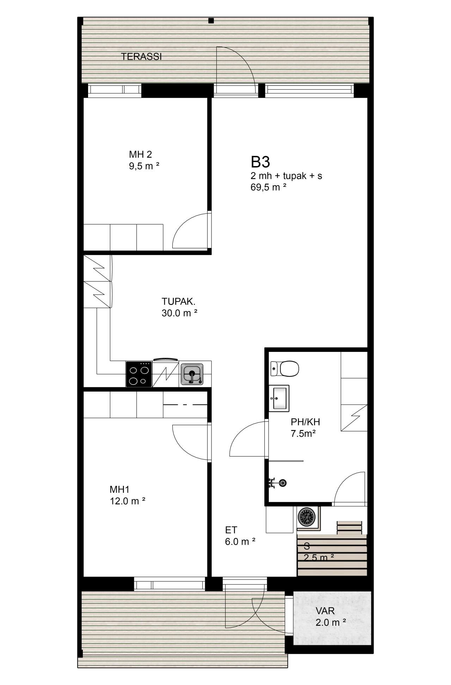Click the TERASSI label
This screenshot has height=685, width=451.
pyautogui.click(x=141, y=57)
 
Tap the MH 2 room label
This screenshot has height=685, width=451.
pyautogui.click(x=140, y=154)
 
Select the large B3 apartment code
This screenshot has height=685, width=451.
pyautogui.click(x=260, y=162)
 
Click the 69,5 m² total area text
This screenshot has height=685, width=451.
pyautogui.click(x=268, y=187)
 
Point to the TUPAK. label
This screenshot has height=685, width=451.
pyautogui.click(x=178, y=302)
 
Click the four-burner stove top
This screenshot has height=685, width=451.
pyautogui.click(x=139, y=374)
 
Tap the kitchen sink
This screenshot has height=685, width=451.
pyautogui.click(x=192, y=374)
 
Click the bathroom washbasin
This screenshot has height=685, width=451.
pyautogui.click(x=279, y=398)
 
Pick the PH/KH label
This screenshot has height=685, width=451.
pyautogui.click(x=305, y=422)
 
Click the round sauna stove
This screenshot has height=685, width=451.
pyautogui.click(x=306, y=516)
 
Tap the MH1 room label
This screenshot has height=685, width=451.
pyautogui.click(x=120, y=489)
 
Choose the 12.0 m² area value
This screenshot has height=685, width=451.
pyautogui.click(x=128, y=501)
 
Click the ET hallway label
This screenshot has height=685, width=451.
pyautogui.click(x=231, y=530)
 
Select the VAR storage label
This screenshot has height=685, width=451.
pyautogui.click(x=325, y=611)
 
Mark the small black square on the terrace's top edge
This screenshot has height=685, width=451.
pyautogui.click(x=211, y=21)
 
